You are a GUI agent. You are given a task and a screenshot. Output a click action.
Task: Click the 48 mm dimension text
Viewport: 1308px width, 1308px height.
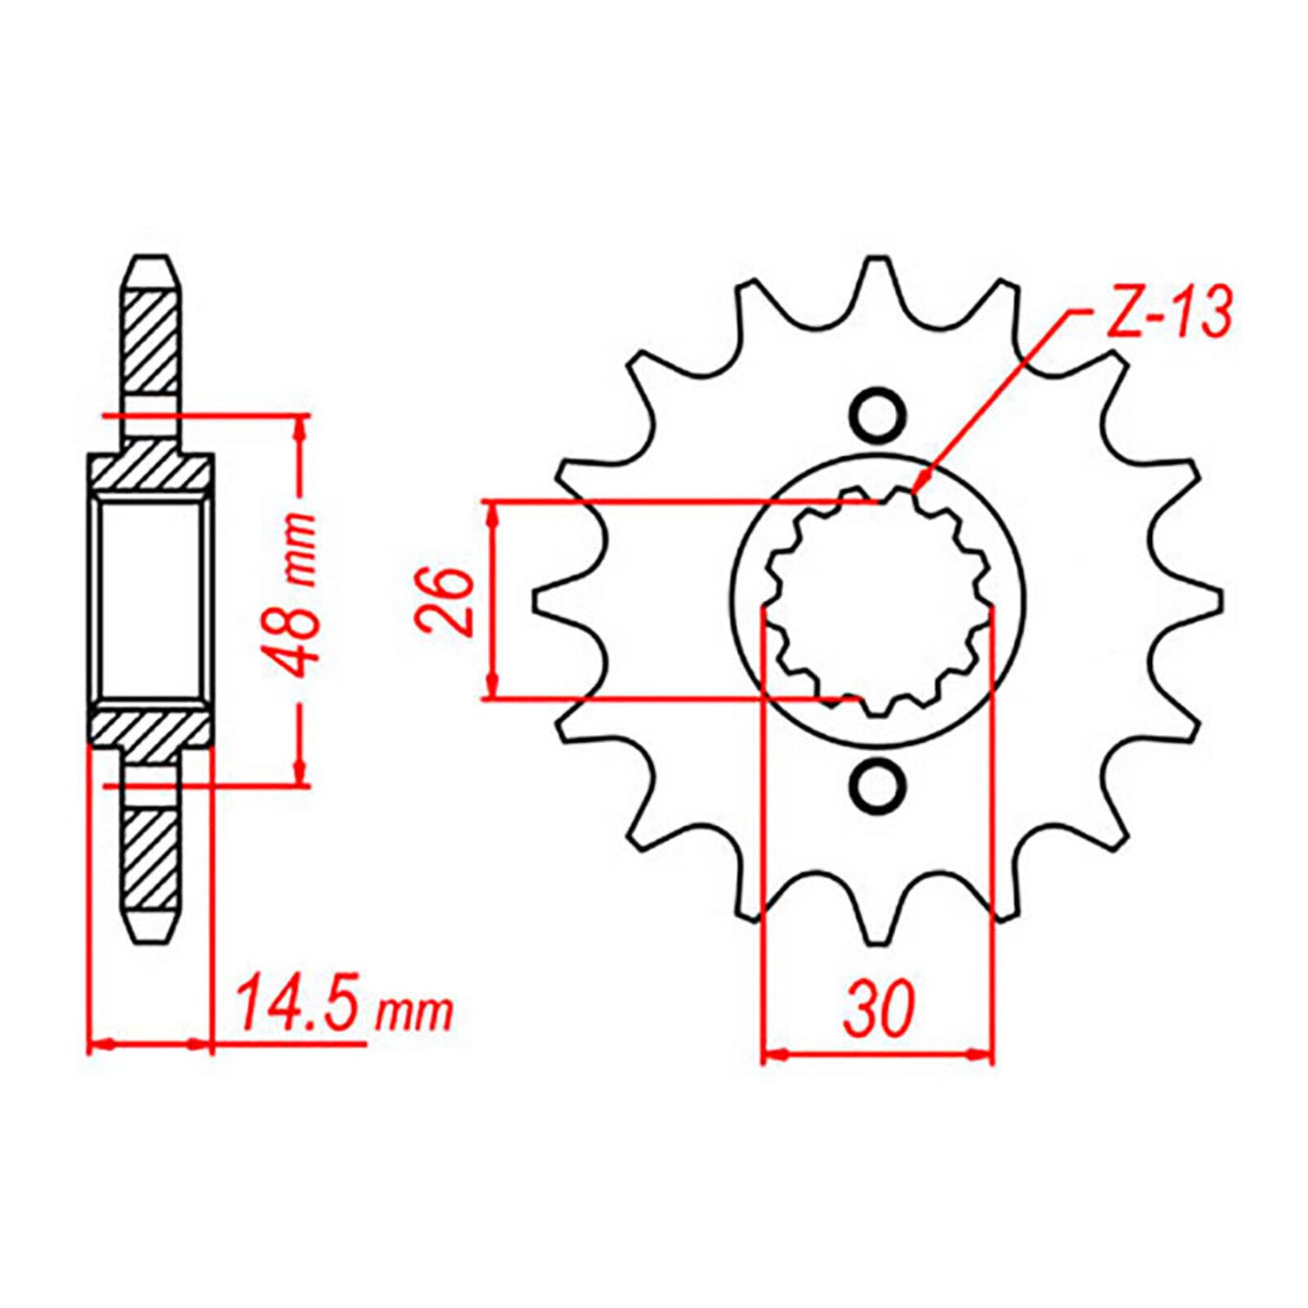pos(293,594)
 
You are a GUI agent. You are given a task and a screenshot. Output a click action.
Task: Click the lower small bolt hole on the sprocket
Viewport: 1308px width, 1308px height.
pos(878,786)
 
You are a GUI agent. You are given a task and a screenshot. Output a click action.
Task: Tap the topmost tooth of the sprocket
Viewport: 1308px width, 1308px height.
pos(878,282)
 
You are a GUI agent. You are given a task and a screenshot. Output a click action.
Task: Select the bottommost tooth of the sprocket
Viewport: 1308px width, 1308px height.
pos(878,920)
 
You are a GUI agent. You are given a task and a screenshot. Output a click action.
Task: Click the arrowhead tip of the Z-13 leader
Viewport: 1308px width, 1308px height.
pos(916,491)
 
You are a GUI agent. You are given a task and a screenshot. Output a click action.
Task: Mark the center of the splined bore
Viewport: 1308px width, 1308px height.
pos(878,601)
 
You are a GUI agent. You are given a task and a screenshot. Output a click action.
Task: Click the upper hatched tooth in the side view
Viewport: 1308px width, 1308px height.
pos(150,343)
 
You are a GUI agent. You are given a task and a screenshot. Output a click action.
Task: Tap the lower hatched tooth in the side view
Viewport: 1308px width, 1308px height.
pos(150,858)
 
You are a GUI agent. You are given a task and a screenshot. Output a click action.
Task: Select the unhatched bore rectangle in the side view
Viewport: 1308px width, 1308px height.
pos(150,601)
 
